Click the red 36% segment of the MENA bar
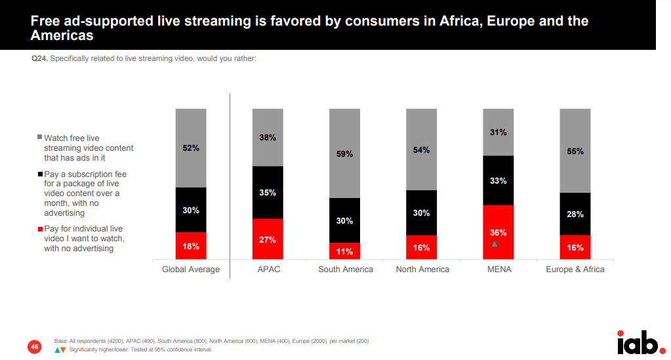[498, 233]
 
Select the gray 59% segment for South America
[344, 153]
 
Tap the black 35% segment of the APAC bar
[268, 193]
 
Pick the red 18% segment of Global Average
[191, 246]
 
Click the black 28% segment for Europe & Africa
[575, 214]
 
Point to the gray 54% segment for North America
[421, 150]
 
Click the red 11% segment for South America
[344, 251]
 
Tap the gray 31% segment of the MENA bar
[498, 132]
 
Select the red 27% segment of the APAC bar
[268, 239]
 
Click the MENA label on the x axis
[498, 270]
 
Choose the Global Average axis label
[191, 270]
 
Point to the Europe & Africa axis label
[575, 270]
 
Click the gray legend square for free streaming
[39, 137]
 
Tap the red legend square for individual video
[39, 228]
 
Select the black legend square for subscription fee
[39, 174]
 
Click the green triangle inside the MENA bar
[495, 244]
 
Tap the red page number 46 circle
[34, 346]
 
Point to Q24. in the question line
[39, 58]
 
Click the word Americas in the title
[62, 36]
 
